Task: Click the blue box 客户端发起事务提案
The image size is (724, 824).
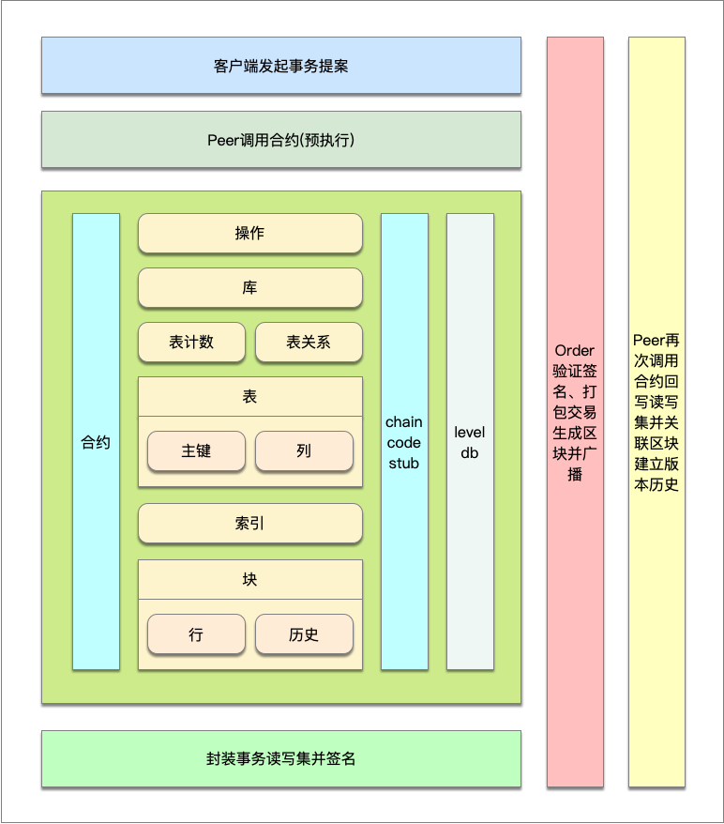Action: (x=281, y=66)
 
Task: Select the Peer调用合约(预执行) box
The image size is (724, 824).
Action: (x=281, y=140)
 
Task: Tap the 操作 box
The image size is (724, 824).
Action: (x=249, y=234)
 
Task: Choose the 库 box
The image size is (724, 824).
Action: (x=249, y=288)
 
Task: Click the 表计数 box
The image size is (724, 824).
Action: (x=191, y=343)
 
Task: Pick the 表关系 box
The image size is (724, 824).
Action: (x=309, y=343)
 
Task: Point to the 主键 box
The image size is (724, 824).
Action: (x=196, y=450)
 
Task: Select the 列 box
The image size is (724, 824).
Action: (x=304, y=450)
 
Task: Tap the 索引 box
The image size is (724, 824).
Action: (x=249, y=524)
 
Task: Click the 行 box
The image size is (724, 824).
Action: (x=196, y=634)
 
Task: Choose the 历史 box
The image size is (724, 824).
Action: (x=304, y=634)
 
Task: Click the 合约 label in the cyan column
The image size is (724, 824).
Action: (x=96, y=442)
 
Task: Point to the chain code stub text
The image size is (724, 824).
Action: (x=404, y=442)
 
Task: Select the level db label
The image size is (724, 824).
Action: (x=470, y=442)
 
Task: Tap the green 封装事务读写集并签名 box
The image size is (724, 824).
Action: (x=281, y=758)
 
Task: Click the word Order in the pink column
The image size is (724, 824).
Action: (x=575, y=351)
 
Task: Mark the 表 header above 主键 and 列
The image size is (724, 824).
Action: (x=249, y=397)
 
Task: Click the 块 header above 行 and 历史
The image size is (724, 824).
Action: (x=249, y=580)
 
